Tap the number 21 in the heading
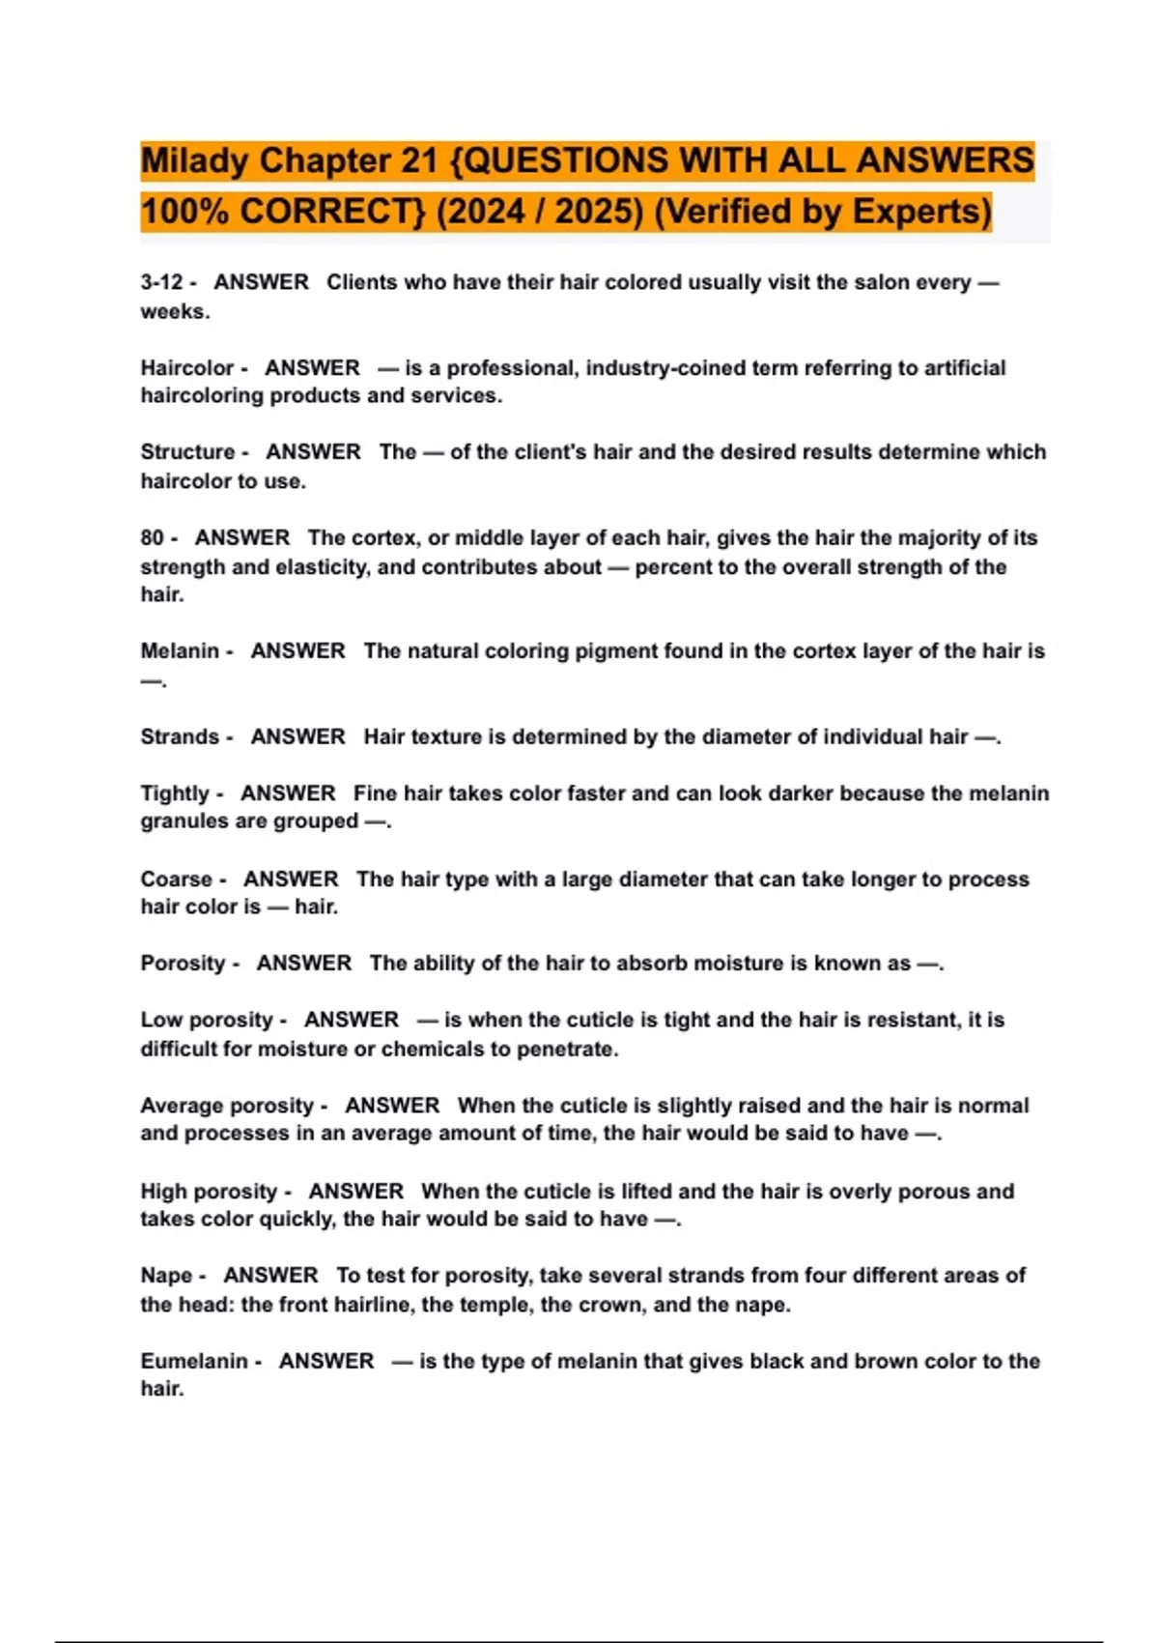(419, 161)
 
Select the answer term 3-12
(161, 282)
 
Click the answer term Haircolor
(186, 368)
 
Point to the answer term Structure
(187, 452)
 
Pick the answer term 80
(153, 537)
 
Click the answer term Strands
(180, 736)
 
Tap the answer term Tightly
(175, 793)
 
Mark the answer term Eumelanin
(193, 1361)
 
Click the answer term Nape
(166, 1276)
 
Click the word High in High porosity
(161, 1192)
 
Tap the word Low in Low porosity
(159, 1021)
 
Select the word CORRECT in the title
(332, 212)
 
